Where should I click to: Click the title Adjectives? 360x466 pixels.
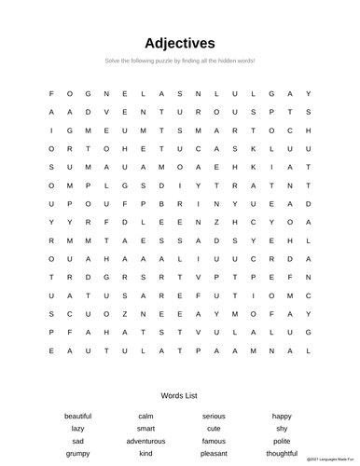click(x=180, y=43)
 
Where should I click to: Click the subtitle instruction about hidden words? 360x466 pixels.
click(x=180, y=61)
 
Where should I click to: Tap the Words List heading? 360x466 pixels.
click(x=180, y=395)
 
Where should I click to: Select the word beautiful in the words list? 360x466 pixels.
click(x=78, y=416)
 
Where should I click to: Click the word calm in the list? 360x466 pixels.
click(x=145, y=416)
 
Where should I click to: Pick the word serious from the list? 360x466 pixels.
click(x=214, y=416)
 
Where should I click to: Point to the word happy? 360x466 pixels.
click(x=282, y=416)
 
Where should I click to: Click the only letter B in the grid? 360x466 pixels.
click(x=161, y=203)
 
